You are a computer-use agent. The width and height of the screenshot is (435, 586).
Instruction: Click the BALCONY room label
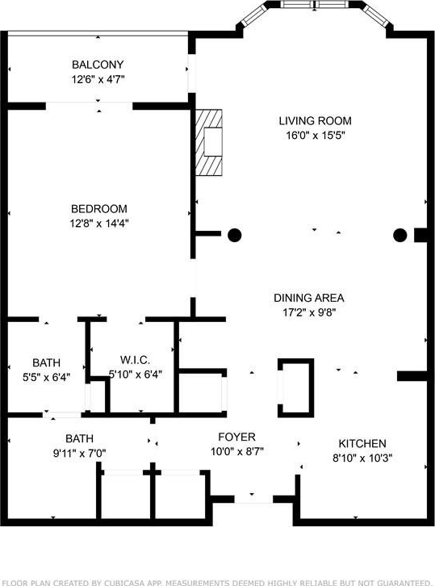tap(98, 65)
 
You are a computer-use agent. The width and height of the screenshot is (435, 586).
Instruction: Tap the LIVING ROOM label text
tap(315, 121)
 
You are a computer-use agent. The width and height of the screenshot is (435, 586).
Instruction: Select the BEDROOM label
tap(99, 208)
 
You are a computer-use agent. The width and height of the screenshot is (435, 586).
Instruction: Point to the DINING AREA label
tap(308, 298)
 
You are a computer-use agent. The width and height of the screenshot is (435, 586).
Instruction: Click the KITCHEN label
tap(362, 444)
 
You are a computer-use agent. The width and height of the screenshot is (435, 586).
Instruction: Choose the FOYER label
tap(237, 437)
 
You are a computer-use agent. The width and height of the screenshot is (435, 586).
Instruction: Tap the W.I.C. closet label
tap(135, 360)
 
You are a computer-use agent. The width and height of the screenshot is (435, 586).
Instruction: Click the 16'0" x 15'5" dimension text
tap(315, 135)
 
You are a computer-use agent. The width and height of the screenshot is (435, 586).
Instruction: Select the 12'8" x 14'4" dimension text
tap(99, 223)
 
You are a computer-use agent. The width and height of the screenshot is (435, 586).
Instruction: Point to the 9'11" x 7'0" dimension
tap(80, 454)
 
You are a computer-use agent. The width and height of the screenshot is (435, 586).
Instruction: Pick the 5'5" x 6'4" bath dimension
tap(46, 377)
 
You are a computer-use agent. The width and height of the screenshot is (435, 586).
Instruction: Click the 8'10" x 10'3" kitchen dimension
tap(362, 458)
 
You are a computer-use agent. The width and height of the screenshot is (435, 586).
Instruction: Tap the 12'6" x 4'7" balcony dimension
tap(98, 79)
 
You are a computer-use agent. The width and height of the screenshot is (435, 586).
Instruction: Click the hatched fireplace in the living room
tap(209, 142)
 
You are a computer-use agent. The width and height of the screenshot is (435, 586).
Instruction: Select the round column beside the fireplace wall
tap(234, 235)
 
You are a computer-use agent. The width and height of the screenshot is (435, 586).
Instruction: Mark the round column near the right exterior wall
tap(399, 235)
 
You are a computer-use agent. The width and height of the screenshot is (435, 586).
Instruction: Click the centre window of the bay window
tap(315, 5)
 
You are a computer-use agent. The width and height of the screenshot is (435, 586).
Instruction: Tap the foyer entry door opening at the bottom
tap(253, 500)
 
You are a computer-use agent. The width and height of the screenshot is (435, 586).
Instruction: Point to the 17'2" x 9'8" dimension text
tap(309, 312)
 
